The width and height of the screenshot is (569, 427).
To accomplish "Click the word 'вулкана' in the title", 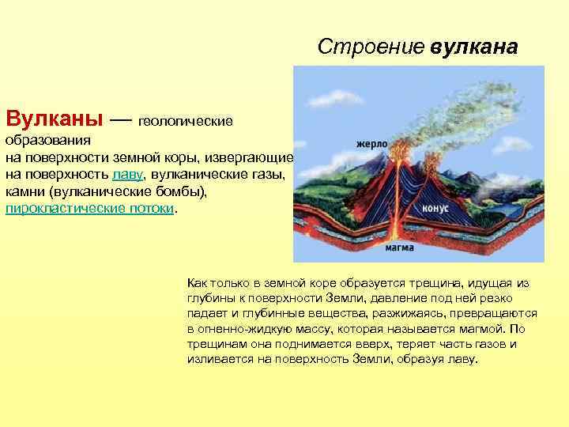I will [474, 47].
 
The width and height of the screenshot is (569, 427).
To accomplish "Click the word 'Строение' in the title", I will [371, 47].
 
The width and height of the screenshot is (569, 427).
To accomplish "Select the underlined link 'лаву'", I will [128, 175].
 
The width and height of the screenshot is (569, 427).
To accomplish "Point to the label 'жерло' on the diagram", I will [371, 145].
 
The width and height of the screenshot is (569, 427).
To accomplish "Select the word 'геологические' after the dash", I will [186, 122].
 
